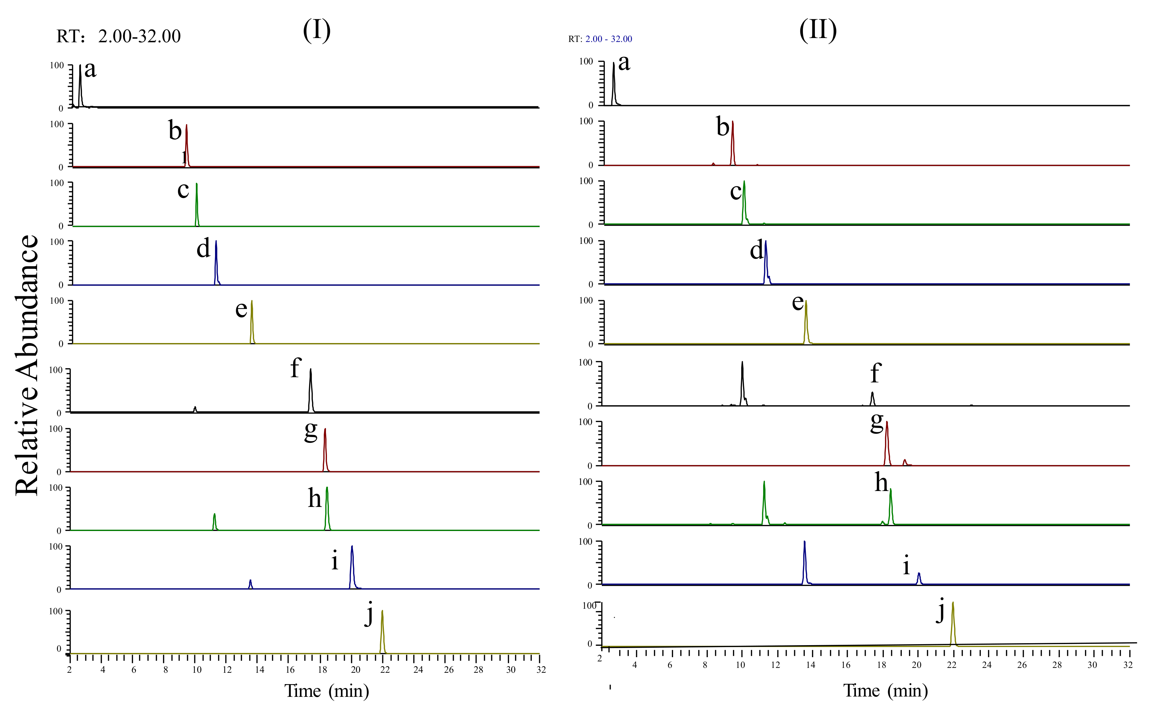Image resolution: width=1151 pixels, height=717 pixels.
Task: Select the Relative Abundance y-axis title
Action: tap(27, 365)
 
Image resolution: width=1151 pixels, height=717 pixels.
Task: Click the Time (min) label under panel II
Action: tap(885, 691)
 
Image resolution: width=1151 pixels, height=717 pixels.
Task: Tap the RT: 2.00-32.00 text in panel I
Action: tap(119, 36)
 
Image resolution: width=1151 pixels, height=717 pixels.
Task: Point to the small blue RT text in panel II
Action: tap(600, 39)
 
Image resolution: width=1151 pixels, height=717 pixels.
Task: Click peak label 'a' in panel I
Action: tap(90, 70)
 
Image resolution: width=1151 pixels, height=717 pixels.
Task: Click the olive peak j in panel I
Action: tap(382, 631)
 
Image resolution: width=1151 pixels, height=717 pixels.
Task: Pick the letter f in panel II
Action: tap(875, 373)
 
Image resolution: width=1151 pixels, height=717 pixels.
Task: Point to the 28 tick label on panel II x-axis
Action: tap(1057, 665)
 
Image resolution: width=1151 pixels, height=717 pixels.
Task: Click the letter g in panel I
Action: tap(311, 431)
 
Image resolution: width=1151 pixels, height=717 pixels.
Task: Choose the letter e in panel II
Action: tap(798, 302)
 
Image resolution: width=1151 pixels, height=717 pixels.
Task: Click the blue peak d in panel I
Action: tap(216, 261)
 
